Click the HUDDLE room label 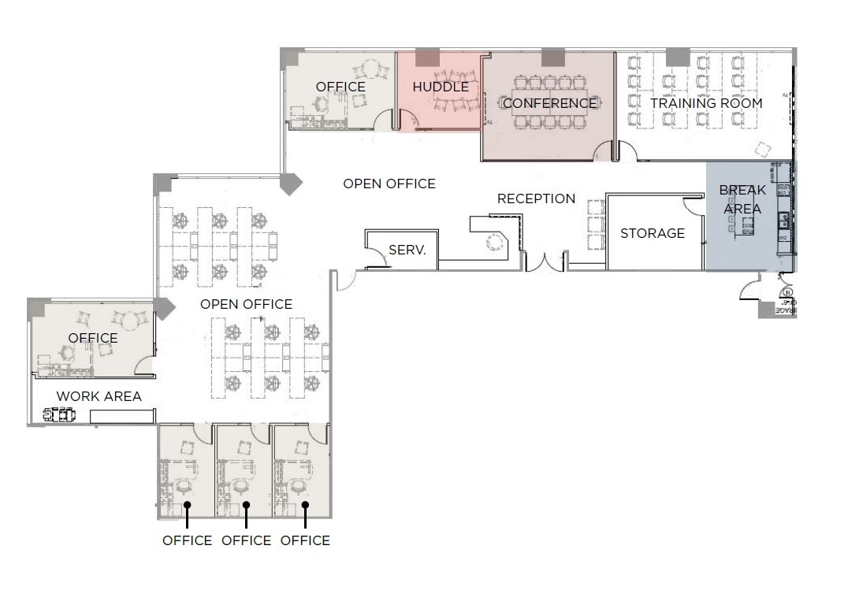point(441,87)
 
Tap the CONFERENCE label point(549,103)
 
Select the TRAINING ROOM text point(706,103)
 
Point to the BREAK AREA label point(742,199)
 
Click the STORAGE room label point(653,233)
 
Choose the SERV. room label point(407,250)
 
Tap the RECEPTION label point(536,199)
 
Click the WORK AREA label point(99,396)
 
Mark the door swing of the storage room point(693,206)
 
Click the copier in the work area point(59,414)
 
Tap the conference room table point(550,102)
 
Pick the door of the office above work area point(144,365)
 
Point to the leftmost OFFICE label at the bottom point(187,540)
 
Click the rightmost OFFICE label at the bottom point(305,540)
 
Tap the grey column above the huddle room point(427,58)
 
